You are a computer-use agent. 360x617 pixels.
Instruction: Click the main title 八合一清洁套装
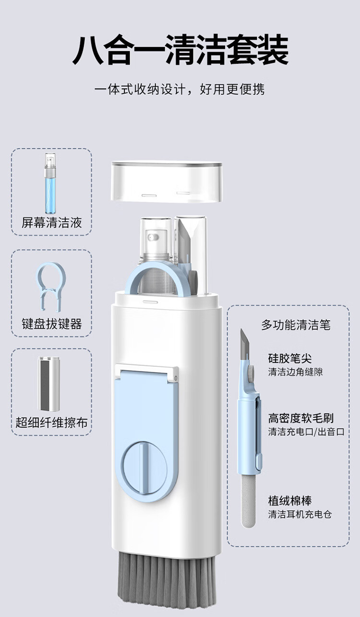click(x=180, y=50)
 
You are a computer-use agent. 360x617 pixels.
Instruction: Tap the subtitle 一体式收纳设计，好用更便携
click(x=180, y=89)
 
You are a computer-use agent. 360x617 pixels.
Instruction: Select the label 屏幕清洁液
click(x=52, y=223)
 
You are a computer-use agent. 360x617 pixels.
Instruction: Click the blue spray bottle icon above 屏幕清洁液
click(x=50, y=183)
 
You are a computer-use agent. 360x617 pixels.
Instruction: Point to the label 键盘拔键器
click(x=52, y=324)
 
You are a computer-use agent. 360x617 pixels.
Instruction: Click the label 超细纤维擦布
click(x=51, y=423)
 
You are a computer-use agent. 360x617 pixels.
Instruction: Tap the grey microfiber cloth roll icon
click(x=49, y=384)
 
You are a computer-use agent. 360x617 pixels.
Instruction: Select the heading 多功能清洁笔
click(x=296, y=325)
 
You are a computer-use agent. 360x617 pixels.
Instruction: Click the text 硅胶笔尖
click(x=290, y=358)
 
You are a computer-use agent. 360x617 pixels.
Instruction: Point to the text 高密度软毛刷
click(x=301, y=418)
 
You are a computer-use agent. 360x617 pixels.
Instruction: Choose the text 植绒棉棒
click(x=290, y=500)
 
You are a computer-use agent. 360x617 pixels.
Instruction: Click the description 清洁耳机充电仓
click(x=300, y=514)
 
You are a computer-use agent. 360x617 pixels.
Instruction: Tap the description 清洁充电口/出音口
click(x=306, y=432)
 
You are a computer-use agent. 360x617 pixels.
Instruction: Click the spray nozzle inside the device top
click(x=153, y=237)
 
